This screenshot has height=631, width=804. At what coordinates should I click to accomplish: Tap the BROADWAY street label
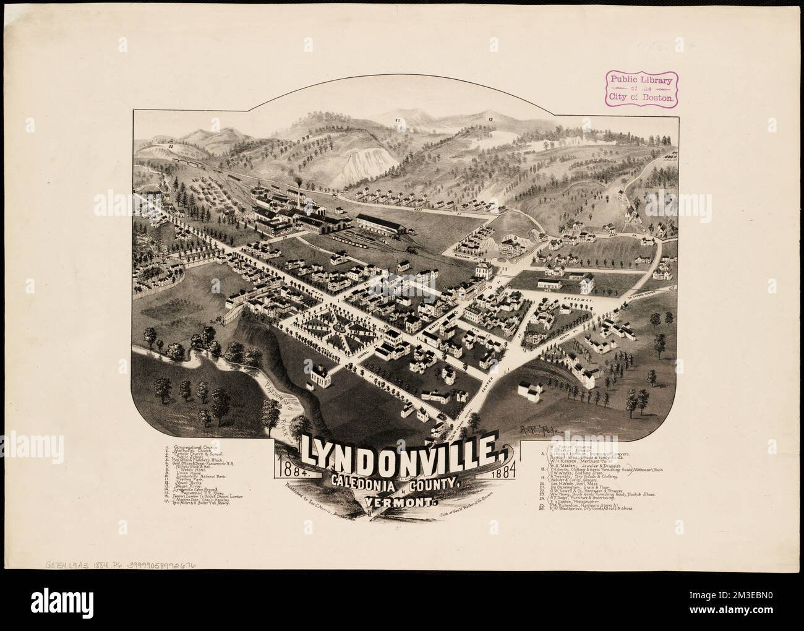578,300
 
